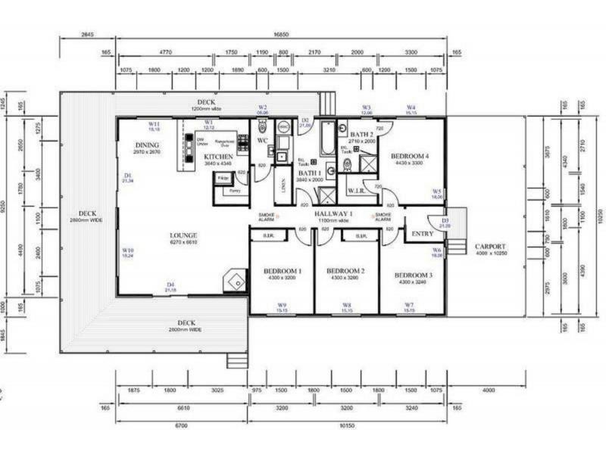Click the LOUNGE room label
183,235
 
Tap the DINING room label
147,145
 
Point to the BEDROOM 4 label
409,157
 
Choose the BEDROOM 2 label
346,271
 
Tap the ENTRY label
422,234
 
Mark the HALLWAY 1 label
335,214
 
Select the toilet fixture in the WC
262,126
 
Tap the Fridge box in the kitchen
223,178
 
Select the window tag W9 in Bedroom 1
282,307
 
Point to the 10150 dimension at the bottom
348,427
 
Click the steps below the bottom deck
237,360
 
